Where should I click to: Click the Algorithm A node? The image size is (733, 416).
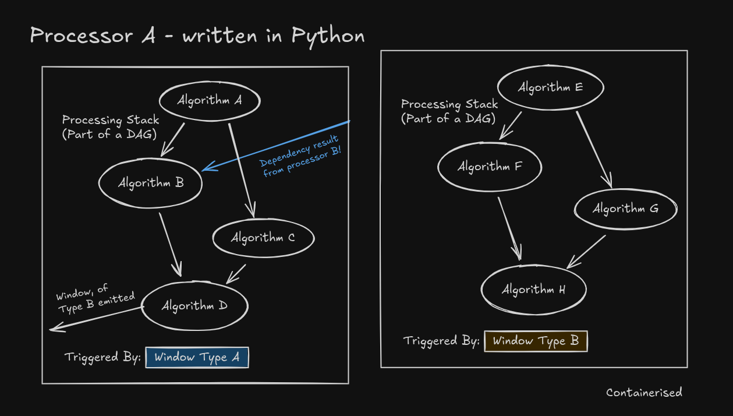point(210,101)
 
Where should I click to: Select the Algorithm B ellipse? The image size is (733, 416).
point(151,183)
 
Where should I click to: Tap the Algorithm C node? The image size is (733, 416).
point(263,238)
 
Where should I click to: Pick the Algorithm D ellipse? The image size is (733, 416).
point(194,306)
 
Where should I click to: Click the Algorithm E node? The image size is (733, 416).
point(551,88)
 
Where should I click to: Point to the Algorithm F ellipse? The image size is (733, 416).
point(490,167)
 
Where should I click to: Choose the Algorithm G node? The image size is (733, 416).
point(625,209)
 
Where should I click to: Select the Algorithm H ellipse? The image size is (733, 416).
point(533,290)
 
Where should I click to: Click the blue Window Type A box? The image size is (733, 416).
point(197,357)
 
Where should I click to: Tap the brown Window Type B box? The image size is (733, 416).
point(536,341)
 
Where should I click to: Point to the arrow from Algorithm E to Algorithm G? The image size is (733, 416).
point(594,149)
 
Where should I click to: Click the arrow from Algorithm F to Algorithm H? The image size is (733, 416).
point(509,228)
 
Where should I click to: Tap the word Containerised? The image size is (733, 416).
point(644,393)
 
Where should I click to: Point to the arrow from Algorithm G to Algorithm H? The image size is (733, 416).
point(587,251)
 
